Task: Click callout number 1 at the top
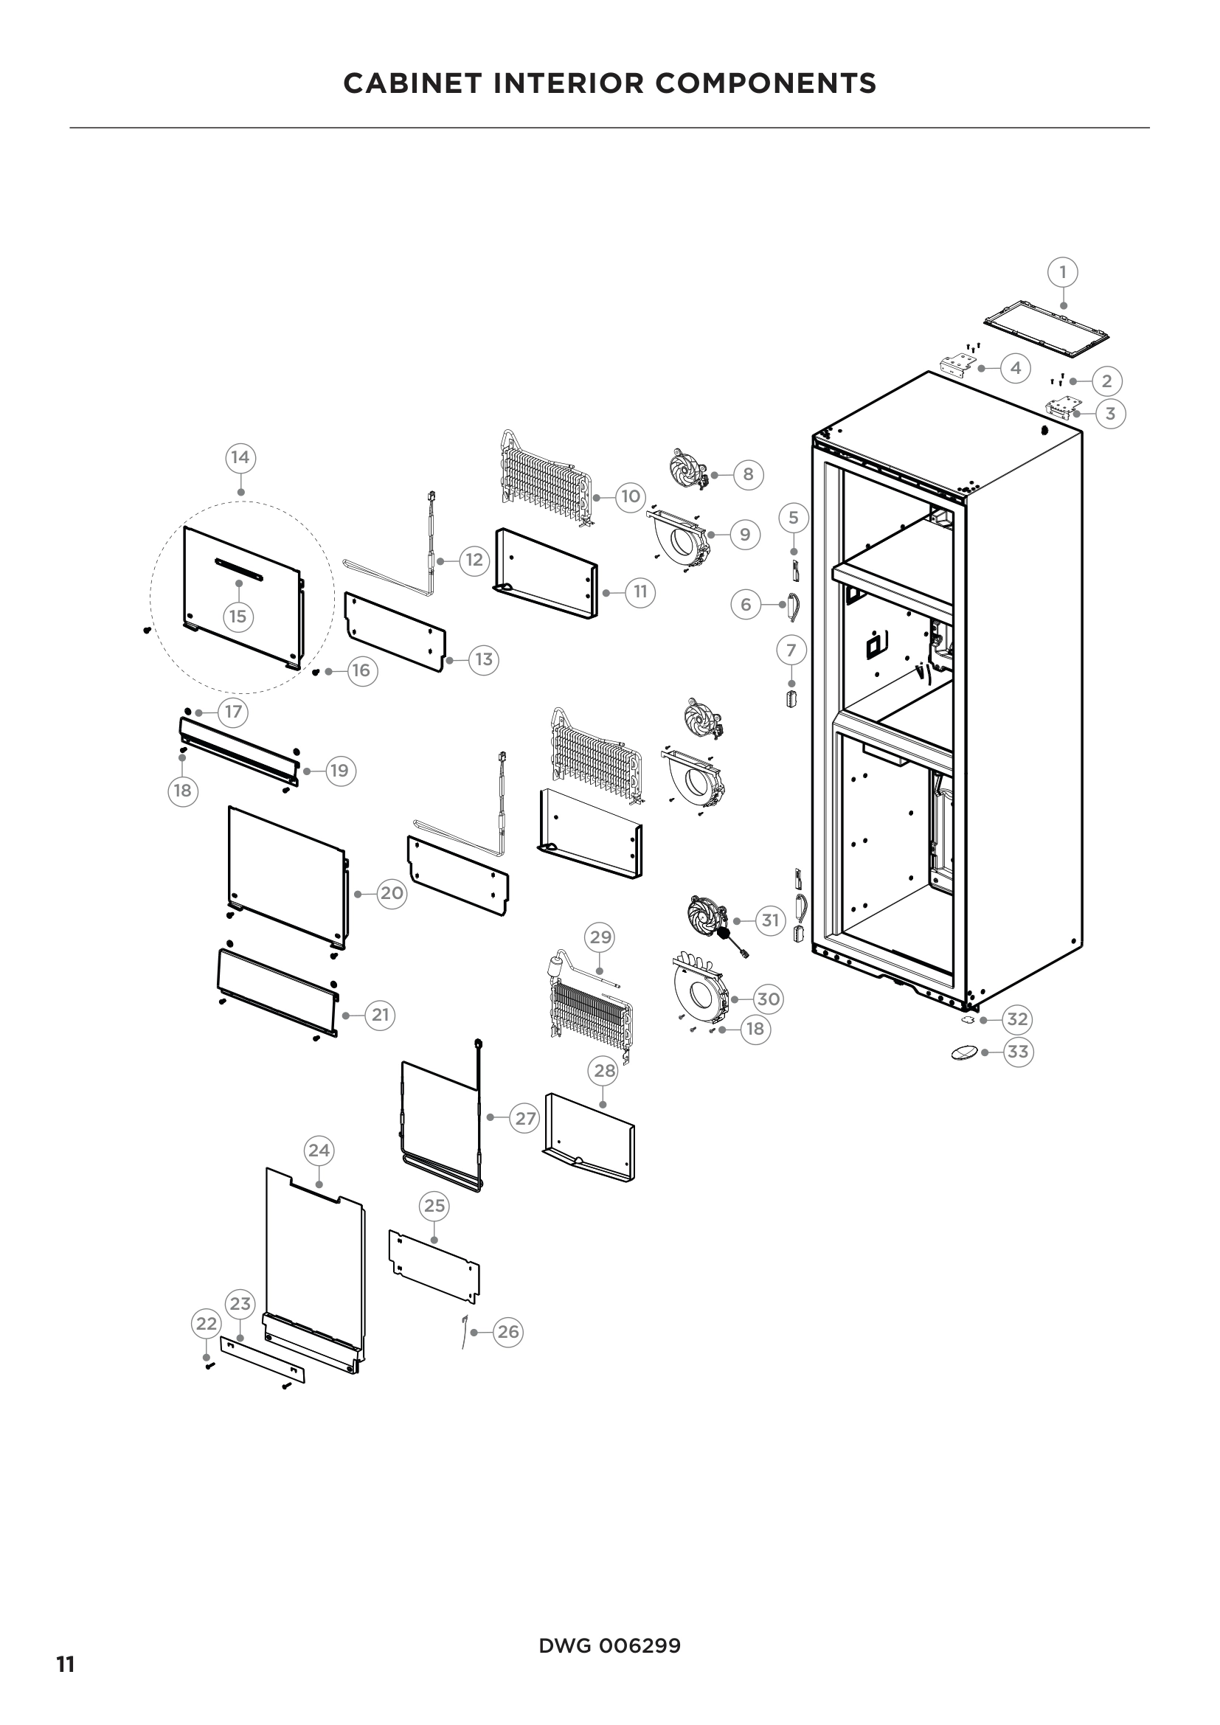click(1062, 272)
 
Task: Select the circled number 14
click(240, 457)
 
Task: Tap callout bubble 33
click(1017, 1052)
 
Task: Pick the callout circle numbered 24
click(319, 1150)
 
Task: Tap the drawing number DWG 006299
click(609, 1646)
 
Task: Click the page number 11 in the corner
click(66, 1659)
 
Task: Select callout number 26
click(507, 1332)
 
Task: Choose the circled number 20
click(392, 893)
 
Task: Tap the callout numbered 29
click(600, 937)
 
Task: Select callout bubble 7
click(791, 650)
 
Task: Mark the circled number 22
click(207, 1324)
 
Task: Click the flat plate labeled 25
click(434, 1268)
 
